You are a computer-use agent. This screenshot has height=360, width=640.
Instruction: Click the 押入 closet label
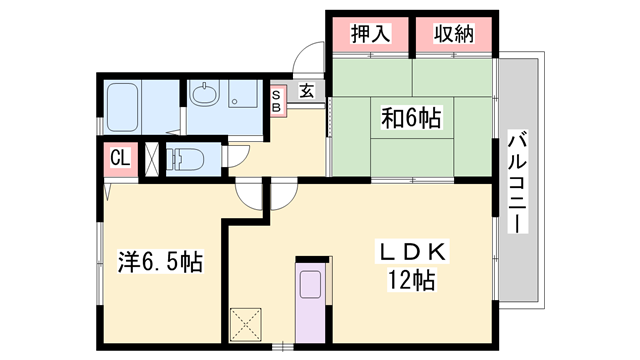[370, 33]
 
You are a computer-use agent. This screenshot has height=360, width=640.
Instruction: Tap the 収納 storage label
[454, 33]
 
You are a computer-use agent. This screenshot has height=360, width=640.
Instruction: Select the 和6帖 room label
[411, 118]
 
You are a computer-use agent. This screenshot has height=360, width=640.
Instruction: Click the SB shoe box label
[277, 101]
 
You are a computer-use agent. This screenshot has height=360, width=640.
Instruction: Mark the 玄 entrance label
[307, 91]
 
